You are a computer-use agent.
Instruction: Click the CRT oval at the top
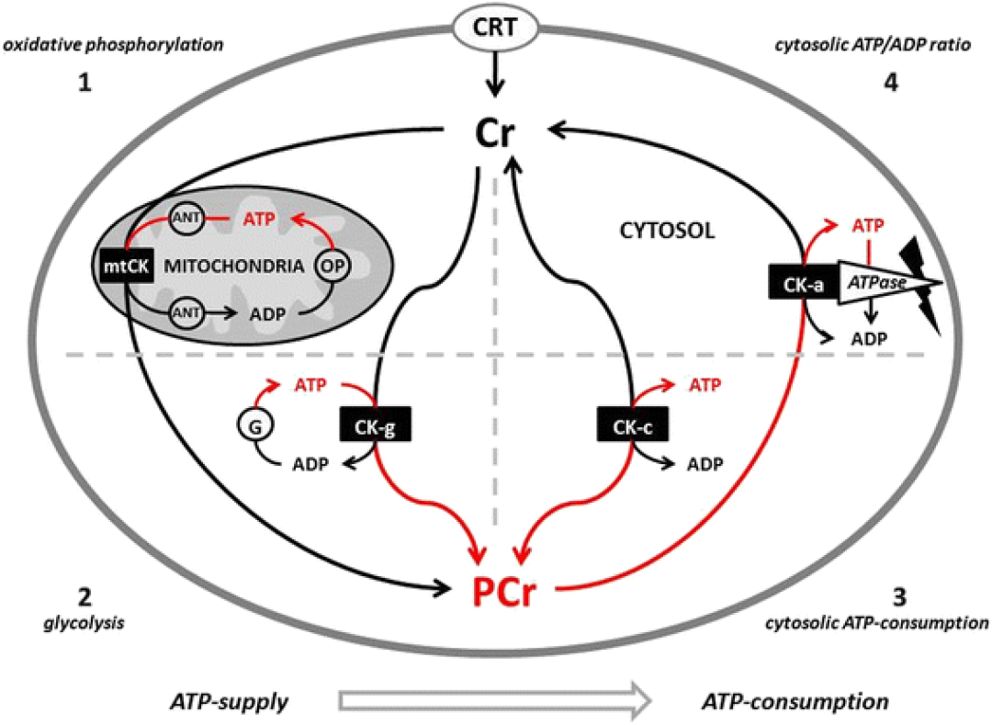point(495,28)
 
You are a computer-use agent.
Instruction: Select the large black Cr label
point(495,133)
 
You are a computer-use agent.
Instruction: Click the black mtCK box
point(127,266)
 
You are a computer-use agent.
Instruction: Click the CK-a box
point(804,282)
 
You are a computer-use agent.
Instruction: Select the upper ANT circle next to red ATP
point(186,219)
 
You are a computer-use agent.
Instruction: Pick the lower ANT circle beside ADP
point(186,312)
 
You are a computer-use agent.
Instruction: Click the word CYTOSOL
point(667,231)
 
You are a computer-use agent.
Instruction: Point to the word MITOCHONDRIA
point(234,266)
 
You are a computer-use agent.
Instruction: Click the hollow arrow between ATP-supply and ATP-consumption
point(495,700)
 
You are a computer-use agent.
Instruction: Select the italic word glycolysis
point(84,623)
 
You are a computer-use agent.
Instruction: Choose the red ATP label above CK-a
point(868,226)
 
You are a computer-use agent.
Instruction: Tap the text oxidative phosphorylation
point(114,46)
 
